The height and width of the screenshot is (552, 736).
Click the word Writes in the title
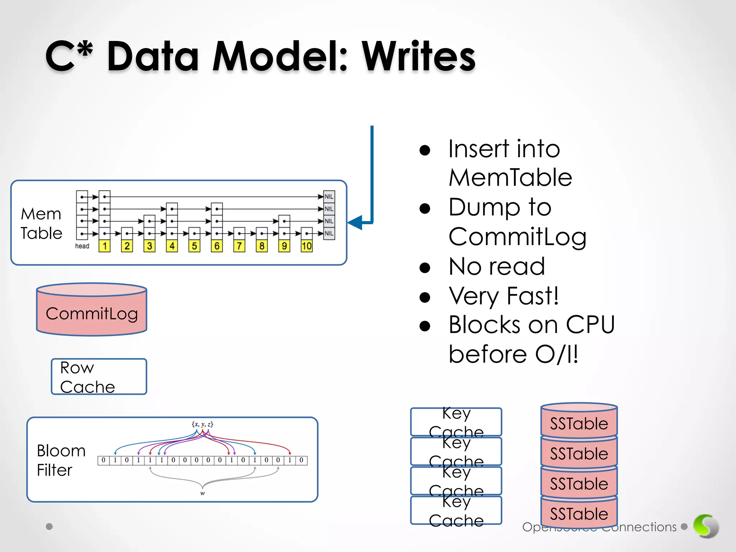[x=418, y=57]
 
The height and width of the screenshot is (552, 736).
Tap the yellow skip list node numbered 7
[x=239, y=246]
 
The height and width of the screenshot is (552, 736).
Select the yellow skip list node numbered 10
[x=307, y=246]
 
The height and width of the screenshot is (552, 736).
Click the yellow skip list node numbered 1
[x=105, y=246]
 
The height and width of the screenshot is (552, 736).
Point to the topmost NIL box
[x=329, y=197]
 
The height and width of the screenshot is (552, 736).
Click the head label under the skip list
[x=82, y=246]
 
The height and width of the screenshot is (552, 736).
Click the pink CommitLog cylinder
[x=92, y=311]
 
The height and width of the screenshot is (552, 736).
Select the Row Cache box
[x=99, y=377]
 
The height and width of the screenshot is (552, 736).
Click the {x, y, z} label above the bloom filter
[x=203, y=424]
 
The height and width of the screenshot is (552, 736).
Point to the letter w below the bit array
[x=202, y=493]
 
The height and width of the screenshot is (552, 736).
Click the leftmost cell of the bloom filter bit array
[x=103, y=460]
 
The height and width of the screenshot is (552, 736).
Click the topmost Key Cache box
[x=456, y=421]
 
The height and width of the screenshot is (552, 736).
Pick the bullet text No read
[x=497, y=267]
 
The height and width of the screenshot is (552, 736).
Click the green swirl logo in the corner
[x=706, y=526]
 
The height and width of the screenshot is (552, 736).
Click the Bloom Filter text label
[x=61, y=460]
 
